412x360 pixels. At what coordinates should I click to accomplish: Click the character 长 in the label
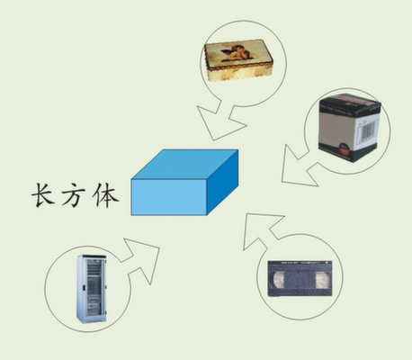(x=43, y=195)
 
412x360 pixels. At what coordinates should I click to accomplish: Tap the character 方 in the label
(x=74, y=195)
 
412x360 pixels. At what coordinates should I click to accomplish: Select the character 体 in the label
(x=106, y=195)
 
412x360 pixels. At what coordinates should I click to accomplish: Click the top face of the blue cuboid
(x=184, y=165)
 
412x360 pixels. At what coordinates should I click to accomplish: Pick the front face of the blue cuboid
(x=169, y=197)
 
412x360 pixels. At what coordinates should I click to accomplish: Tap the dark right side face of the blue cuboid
(x=222, y=183)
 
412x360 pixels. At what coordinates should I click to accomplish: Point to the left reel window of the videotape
(x=278, y=280)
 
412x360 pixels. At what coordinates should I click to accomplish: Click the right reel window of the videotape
(x=323, y=280)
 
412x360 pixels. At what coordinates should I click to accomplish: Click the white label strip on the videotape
(x=300, y=263)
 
